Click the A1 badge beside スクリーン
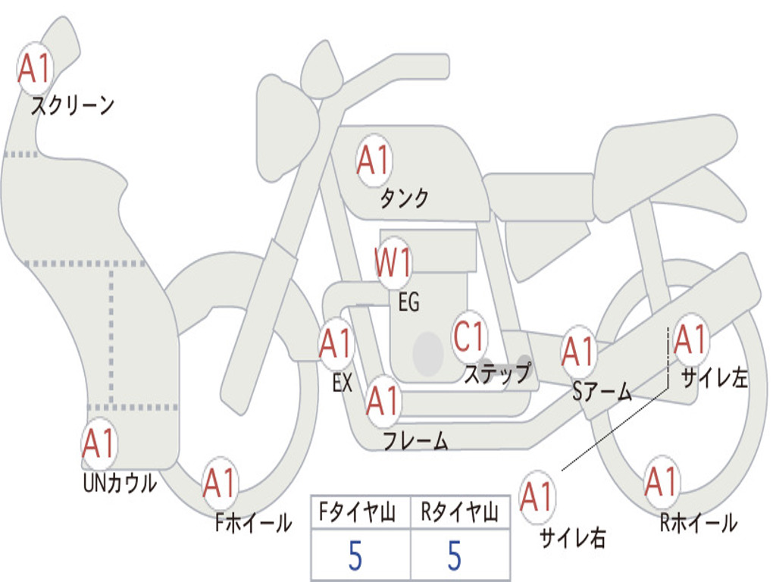tap(35, 69)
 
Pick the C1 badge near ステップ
tap(469, 336)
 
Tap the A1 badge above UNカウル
tap(99, 444)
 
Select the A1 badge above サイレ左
tap(690, 340)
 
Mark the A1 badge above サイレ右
tap(537, 497)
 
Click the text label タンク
tap(404, 199)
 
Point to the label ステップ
tap(497, 374)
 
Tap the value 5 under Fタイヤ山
tap(355, 555)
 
